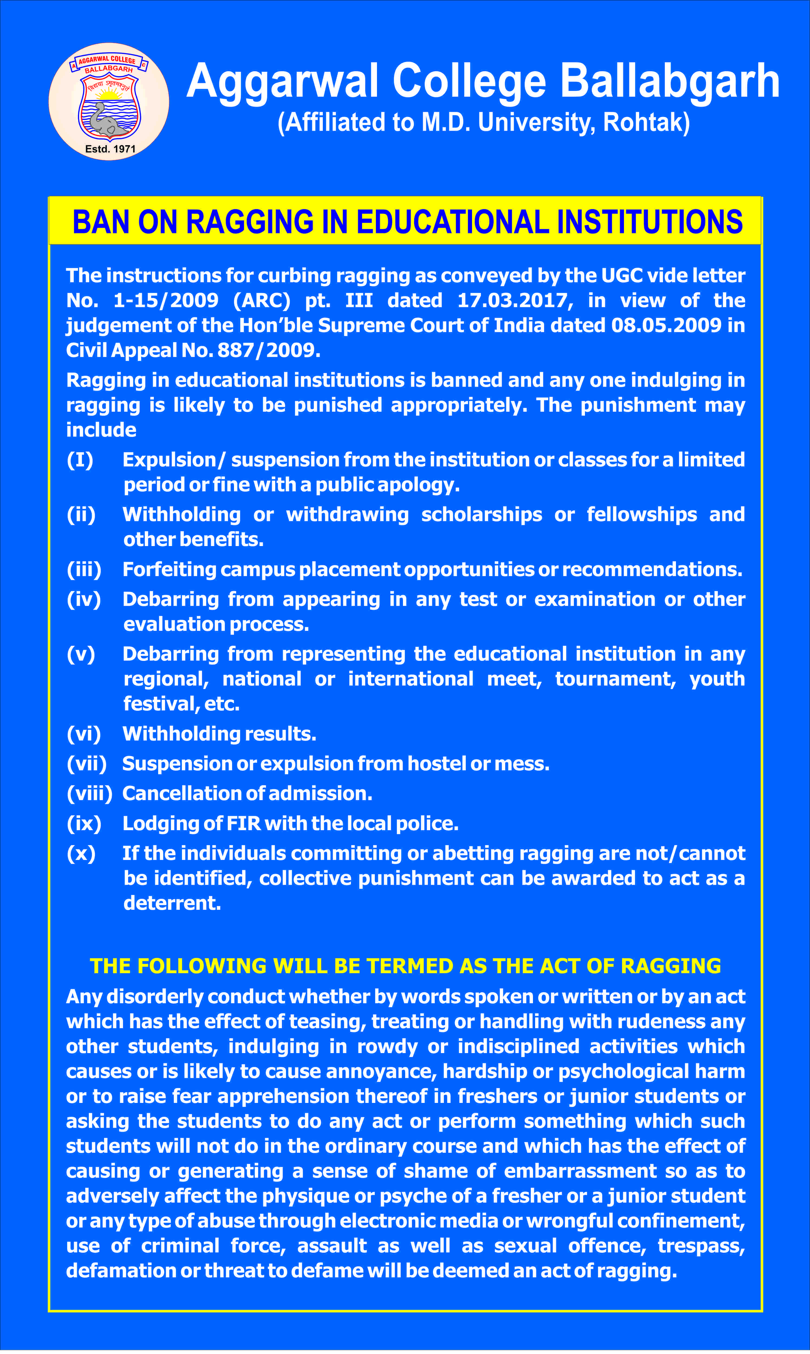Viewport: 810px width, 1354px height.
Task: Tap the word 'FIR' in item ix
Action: (243, 824)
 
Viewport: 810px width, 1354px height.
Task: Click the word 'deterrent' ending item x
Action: (172, 903)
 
